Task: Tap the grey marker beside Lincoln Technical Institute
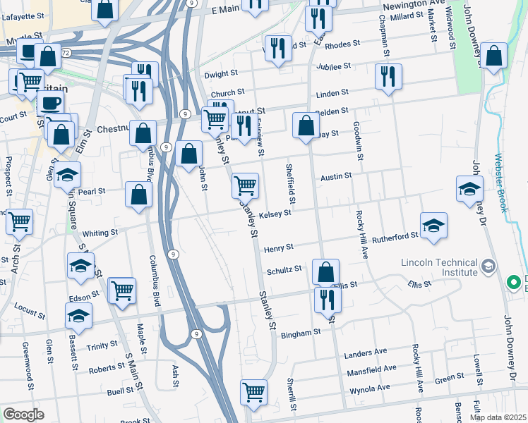click(x=490, y=267)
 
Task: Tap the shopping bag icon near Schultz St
click(x=325, y=271)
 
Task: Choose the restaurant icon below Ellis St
click(x=328, y=299)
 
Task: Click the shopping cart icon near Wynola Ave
click(x=253, y=393)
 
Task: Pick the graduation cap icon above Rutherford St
click(x=433, y=226)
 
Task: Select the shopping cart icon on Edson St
click(x=122, y=290)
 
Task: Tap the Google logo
click(x=23, y=414)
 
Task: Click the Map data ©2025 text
click(x=498, y=417)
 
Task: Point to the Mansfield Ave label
click(x=371, y=369)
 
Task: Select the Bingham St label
click(x=303, y=331)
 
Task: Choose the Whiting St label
click(x=100, y=233)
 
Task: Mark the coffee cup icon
click(x=49, y=104)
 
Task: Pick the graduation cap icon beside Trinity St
click(x=78, y=317)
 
